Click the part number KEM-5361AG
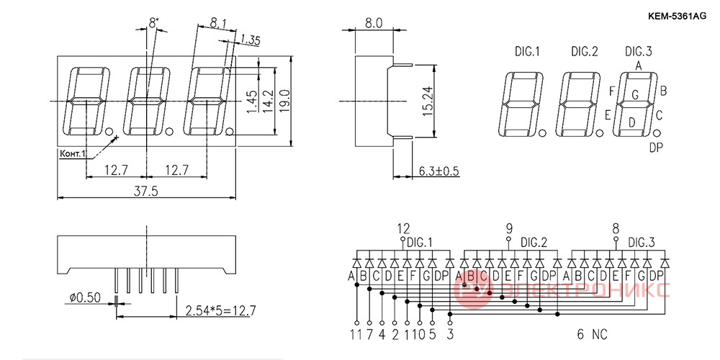[677, 16]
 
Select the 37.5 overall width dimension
[145, 192]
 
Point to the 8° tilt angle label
[154, 22]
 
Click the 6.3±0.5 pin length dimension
[439, 171]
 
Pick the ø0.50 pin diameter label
[85, 298]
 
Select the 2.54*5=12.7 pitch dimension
[220, 311]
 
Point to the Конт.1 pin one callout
[73, 153]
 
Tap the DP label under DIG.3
[656, 148]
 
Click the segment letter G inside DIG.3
[635, 95]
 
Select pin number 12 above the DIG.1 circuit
[403, 228]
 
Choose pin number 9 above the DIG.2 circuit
[509, 228]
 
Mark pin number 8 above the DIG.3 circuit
[616, 228]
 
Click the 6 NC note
[592, 335]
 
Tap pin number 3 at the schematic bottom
[450, 335]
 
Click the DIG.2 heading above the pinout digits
[585, 51]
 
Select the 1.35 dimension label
[250, 40]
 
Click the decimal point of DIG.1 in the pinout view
[543, 133]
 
